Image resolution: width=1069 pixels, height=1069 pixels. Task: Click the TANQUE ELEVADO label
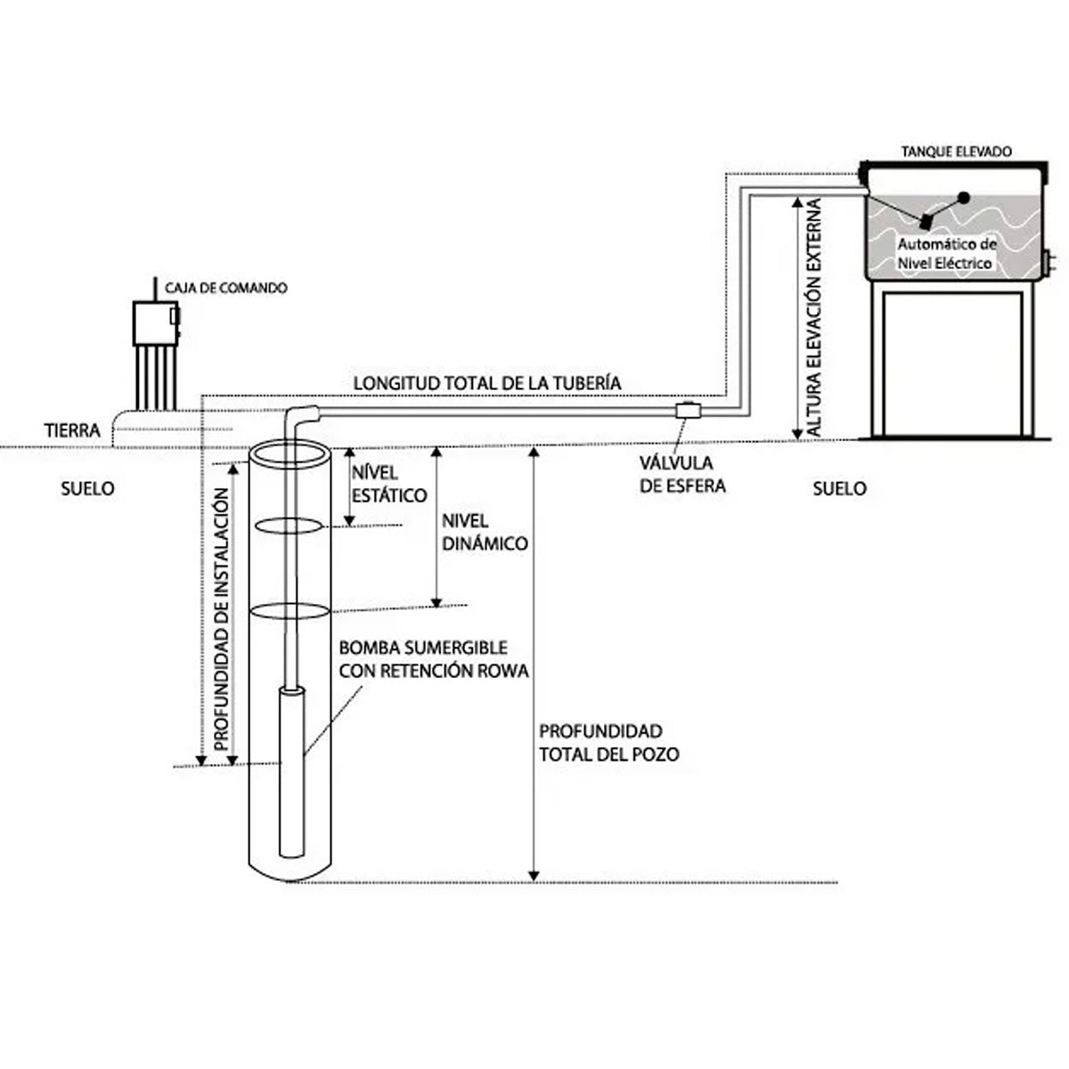click(956, 151)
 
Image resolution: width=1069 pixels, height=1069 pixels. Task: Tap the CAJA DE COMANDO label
click(225, 288)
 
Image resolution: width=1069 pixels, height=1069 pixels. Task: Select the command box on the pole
click(156, 323)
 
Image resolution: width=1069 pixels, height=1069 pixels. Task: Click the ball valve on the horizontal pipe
click(688, 411)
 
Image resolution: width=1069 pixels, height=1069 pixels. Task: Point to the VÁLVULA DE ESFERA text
click(682, 474)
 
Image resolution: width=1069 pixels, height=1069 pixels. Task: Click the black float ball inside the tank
click(964, 197)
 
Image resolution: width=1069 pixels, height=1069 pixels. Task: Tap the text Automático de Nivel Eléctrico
click(946, 254)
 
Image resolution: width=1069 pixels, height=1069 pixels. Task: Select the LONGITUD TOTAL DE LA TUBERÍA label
click(487, 383)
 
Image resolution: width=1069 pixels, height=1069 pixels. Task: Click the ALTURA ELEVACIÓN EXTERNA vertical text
click(814, 316)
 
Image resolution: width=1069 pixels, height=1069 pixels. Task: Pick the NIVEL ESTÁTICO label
click(389, 485)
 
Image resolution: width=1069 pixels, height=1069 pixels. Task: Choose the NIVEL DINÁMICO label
click(485, 533)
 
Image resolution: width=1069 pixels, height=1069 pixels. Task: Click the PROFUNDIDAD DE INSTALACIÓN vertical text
click(221, 619)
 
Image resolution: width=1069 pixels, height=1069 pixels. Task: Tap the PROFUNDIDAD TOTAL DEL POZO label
click(609, 743)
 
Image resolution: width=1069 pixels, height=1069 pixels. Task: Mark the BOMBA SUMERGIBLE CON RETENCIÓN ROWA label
click(434, 659)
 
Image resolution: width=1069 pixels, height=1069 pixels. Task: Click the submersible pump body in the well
click(291, 772)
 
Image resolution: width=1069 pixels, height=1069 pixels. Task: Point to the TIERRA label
click(72, 430)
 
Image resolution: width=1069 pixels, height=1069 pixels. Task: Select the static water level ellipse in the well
click(288, 526)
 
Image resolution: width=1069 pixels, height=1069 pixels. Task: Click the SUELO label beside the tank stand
click(839, 489)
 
